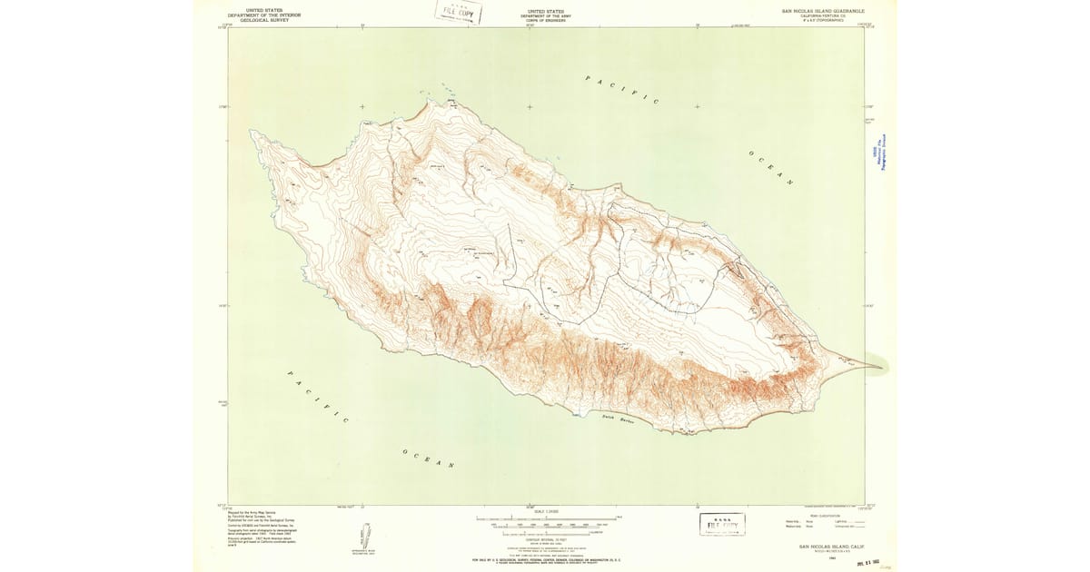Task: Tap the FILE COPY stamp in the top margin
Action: click(x=458, y=13)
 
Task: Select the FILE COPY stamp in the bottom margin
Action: click(x=722, y=524)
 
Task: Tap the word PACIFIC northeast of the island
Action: click(x=622, y=90)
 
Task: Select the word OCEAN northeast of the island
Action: click(x=771, y=168)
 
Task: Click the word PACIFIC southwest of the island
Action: click(x=318, y=397)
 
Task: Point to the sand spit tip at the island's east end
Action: click(x=878, y=367)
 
